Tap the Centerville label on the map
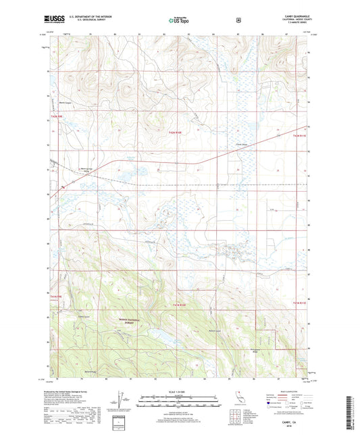238,144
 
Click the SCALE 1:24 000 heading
179,391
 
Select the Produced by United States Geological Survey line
74,392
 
